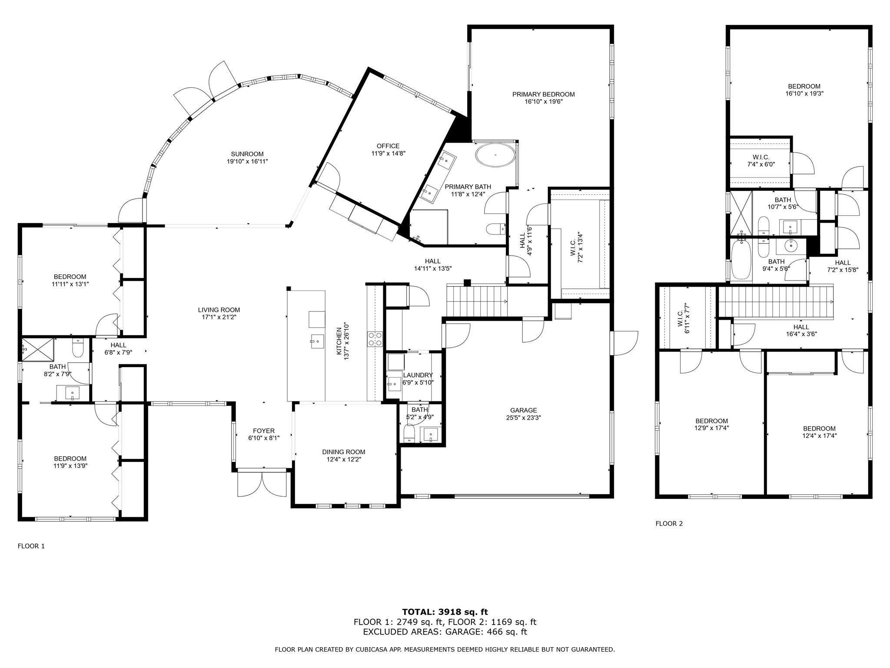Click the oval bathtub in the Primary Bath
tap(495, 155)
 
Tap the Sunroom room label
tap(247, 154)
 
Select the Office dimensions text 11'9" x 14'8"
tap(388, 153)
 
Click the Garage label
tap(523, 410)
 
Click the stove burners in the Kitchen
tap(375, 339)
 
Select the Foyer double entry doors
tap(262, 484)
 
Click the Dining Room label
tap(343, 452)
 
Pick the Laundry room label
tap(418, 375)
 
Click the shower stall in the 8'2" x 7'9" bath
tap(37, 349)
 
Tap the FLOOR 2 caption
tap(669, 524)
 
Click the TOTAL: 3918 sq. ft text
tap(445, 612)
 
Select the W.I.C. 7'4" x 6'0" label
tap(760, 157)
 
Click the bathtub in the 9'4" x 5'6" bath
tap(741, 260)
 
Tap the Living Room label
tap(219, 310)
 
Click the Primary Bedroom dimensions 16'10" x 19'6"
tap(543, 102)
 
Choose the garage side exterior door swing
tap(624, 343)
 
